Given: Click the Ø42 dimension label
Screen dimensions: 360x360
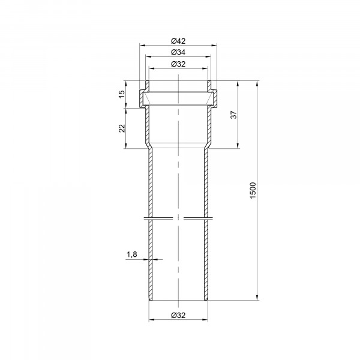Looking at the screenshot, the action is [178, 41].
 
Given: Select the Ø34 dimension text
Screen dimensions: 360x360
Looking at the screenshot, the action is [178, 52].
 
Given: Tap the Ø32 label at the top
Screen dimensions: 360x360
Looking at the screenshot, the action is [178, 64].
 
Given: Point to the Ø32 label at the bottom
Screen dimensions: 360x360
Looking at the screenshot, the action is [178, 315].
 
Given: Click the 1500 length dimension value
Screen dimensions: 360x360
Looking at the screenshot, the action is [253, 190].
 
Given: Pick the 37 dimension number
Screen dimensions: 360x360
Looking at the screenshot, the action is [233, 115].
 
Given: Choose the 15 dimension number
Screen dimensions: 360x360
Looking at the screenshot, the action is [122, 94].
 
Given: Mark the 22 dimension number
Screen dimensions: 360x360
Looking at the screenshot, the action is [122, 128].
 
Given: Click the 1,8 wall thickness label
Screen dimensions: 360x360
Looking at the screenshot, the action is [132, 254].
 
